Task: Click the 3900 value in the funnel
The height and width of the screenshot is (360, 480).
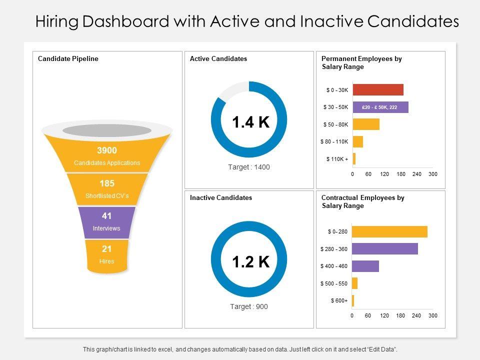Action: point(107,150)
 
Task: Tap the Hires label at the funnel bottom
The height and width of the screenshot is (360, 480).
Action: point(106,261)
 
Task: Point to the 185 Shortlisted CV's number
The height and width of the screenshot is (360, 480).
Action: point(107,183)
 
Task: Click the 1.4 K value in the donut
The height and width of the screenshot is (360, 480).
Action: point(250,121)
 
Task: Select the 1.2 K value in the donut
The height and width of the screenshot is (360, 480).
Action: point(250,261)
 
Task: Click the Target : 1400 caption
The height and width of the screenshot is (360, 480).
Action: point(249,167)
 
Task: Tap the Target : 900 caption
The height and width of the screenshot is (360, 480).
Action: point(249,306)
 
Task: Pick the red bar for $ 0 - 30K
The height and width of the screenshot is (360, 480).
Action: point(377,90)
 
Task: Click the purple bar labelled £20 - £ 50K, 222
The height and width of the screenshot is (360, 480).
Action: point(380,107)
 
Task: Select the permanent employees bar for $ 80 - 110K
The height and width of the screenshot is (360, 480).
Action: point(357,141)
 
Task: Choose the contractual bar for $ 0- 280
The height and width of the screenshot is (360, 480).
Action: point(389,231)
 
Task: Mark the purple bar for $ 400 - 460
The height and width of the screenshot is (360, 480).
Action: point(365,266)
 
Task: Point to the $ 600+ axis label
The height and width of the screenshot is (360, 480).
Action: point(339,300)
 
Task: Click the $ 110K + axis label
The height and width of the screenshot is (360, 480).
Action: point(337,159)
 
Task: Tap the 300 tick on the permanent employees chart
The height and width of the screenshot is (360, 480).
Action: point(433,174)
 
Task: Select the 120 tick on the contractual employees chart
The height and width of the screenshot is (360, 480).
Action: point(384,316)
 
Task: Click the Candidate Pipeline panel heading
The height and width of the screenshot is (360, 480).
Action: point(68,59)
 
